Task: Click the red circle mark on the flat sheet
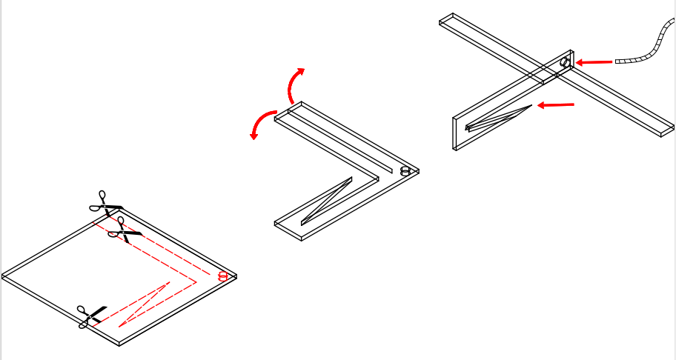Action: pyautogui.click(x=222, y=276)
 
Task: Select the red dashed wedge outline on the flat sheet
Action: pyautogui.click(x=144, y=304)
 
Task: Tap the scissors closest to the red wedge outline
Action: pyautogui.click(x=91, y=316)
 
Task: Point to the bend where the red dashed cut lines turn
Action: pyautogui.click(x=195, y=281)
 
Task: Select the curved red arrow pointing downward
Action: pyautogui.click(x=261, y=123)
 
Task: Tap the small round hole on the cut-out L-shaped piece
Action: pyautogui.click(x=405, y=171)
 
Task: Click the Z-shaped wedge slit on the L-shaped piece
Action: pyautogui.click(x=326, y=202)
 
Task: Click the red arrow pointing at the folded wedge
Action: pyautogui.click(x=555, y=105)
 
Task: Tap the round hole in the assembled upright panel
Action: pyautogui.click(x=565, y=62)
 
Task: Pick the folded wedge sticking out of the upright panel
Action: pyautogui.click(x=497, y=118)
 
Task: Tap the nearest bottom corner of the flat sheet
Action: pyautogui.click(x=119, y=343)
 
